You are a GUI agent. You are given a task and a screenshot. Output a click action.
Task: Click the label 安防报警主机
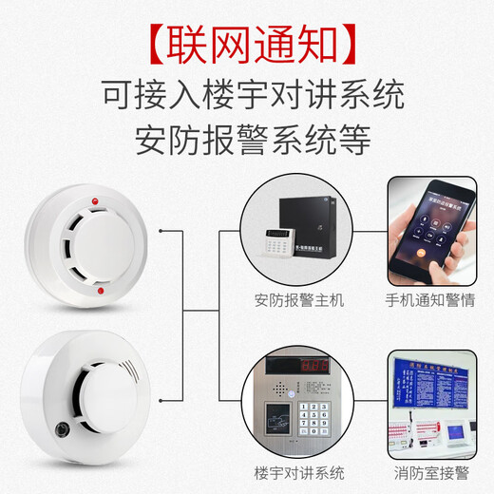click(299, 301)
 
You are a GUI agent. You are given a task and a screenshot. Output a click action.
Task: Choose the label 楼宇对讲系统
click(299, 472)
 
